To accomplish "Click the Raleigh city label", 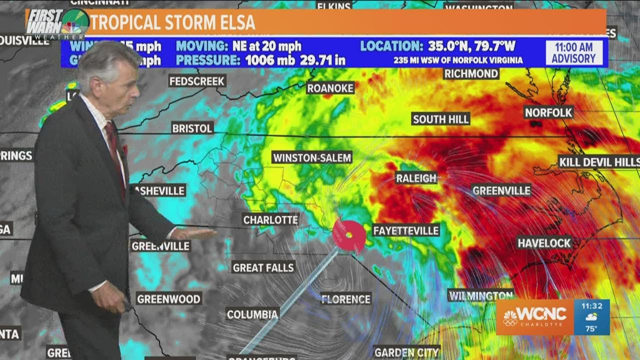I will (416, 177).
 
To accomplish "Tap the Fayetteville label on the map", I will (406, 230).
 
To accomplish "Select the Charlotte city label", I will (270, 219).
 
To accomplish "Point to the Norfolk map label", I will (548, 112).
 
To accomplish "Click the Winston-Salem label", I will (312, 157).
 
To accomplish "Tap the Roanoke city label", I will (330, 88).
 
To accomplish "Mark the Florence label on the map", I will (346, 299).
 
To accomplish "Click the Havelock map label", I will (544, 243).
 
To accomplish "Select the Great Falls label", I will (263, 267).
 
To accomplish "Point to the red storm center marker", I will (349, 235).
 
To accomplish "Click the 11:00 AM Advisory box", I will (573, 53).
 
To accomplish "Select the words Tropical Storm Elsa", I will (173, 22).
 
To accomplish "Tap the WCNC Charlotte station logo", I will (534, 316).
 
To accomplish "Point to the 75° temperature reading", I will (591, 328).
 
